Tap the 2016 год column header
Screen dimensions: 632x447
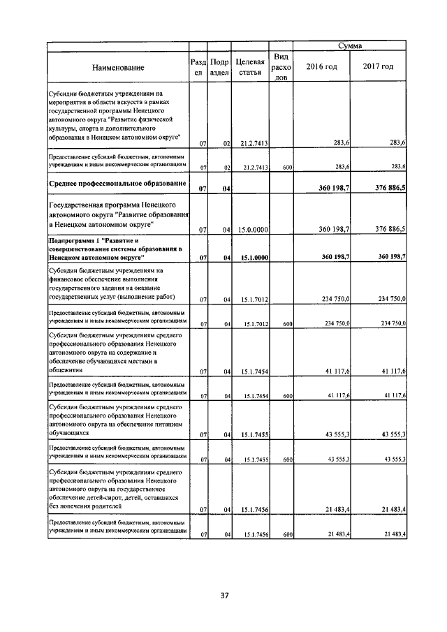pyautogui.click(x=323, y=66)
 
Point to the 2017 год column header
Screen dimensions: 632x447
pyautogui.click(x=377, y=66)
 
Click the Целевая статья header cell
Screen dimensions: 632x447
pyautogui.click(x=249, y=66)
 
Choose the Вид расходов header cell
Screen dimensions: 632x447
pyautogui.click(x=281, y=67)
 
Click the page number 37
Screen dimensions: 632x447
pyautogui.click(x=225, y=596)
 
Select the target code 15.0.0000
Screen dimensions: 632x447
pyautogui.click(x=250, y=229)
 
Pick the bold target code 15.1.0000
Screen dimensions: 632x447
pyautogui.click(x=250, y=258)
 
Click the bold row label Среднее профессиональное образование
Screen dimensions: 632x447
pyautogui.click(x=116, y=184)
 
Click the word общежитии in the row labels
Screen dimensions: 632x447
pyautogui.click(x=67, y=371)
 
